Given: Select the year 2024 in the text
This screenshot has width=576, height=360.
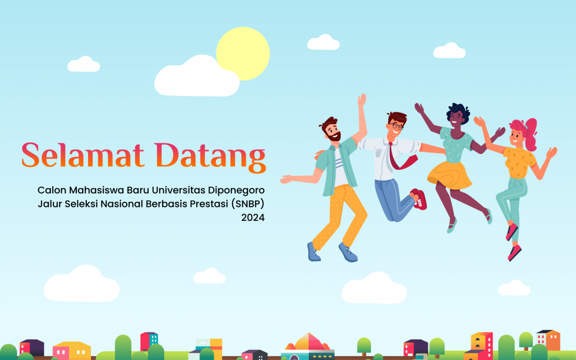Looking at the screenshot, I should pyautogui.click(x=253, y=217).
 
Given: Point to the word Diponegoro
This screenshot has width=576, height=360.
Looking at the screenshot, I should pyautogui.click(x=236, y=190).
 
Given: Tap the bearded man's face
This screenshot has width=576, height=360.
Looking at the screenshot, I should pyautogui.click(x=332, y=132).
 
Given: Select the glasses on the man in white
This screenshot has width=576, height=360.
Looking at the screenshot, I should pyautogui.click(x=395, y=126).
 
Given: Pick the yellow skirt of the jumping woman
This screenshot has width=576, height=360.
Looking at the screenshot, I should pyautogui.click(x=449, y=174).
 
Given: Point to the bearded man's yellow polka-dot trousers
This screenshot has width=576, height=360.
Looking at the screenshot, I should pyautogui.click(x=341, y=213).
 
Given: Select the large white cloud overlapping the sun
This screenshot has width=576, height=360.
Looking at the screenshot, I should pyautogui.click(x=196, y=78).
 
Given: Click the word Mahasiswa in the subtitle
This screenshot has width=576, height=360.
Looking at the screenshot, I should pyautogui.click(x=92, y=190).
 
